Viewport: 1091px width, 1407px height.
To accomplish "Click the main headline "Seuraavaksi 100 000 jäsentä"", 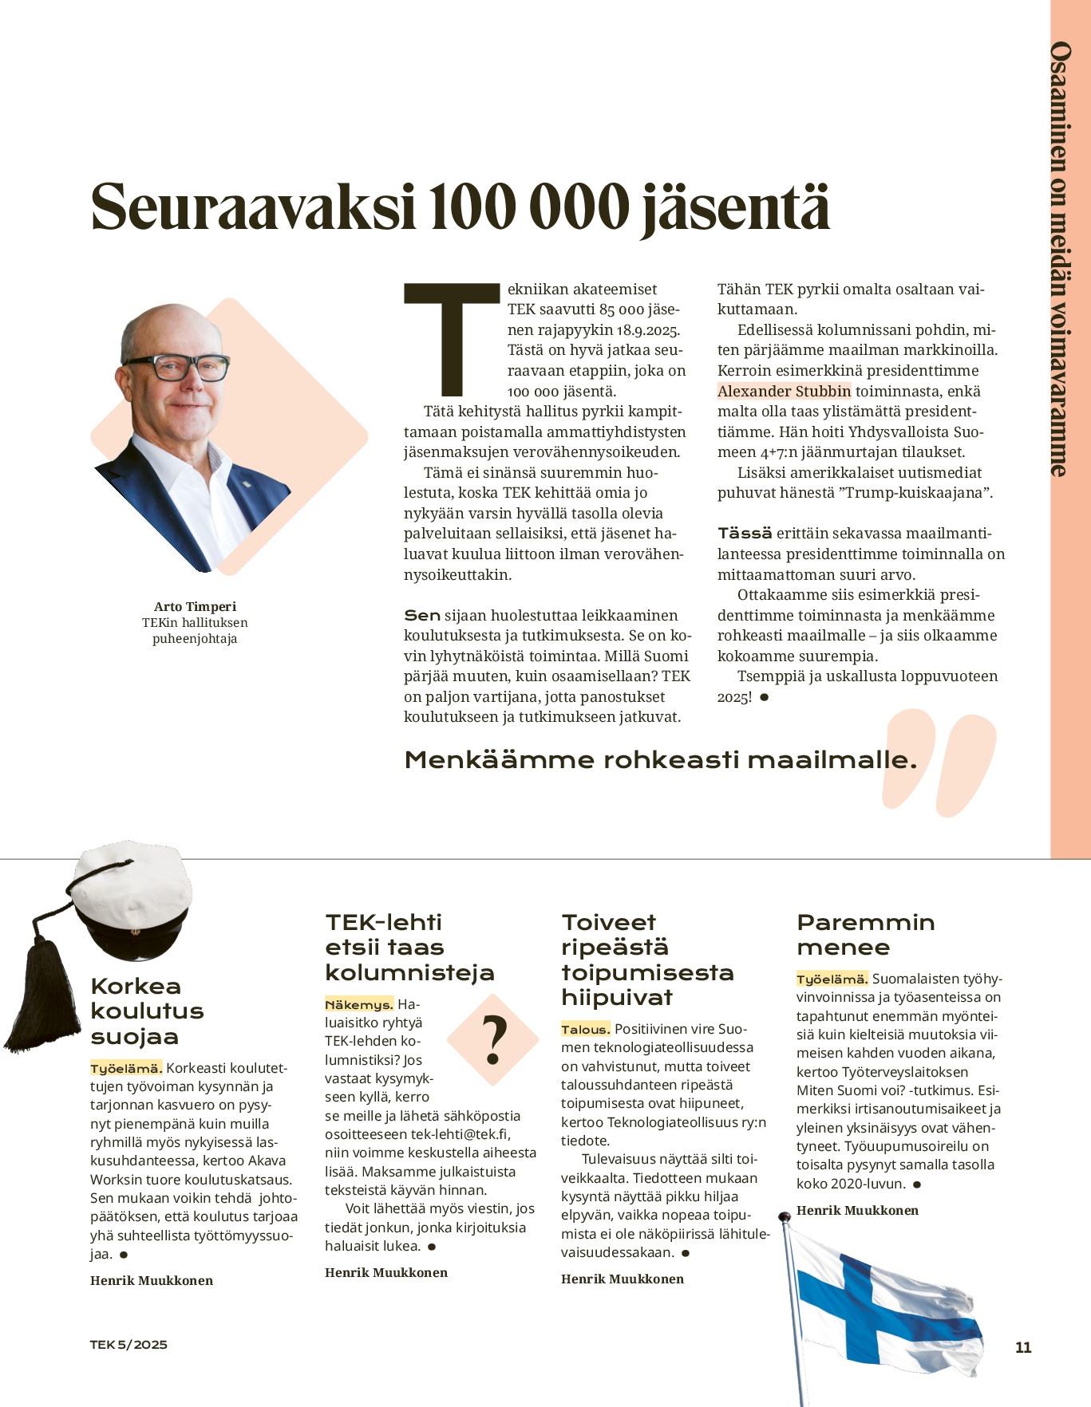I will tap(461, 207).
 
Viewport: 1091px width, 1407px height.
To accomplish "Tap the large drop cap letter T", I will tap(452, 339).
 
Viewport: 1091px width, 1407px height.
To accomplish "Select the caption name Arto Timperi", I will tap(195, 606).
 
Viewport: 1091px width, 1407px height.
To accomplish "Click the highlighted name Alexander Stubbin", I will tap(784, 391).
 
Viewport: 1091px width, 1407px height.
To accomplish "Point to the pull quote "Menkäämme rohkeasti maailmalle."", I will tap(660, 759).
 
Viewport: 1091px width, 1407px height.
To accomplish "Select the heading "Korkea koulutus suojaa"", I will tap(147, 1011).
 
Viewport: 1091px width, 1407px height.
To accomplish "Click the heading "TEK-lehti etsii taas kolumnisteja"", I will tap(409, 947).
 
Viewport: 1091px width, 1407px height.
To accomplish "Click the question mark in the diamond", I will tap(495, 1040).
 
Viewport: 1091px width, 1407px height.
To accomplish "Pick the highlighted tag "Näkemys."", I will tap(358, 1005).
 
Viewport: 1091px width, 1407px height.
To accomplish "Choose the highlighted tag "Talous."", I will tap(585, 1029).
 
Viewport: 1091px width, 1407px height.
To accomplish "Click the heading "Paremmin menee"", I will tap(865, 934).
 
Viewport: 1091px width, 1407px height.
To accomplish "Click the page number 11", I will tap(1023, 1347).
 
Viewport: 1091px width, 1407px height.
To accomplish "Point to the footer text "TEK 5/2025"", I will tap(128, 1344).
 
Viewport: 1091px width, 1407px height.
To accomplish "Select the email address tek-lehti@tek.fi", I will tap(461, 1134).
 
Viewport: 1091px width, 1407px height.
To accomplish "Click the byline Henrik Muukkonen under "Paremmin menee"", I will tap(857, 1210).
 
